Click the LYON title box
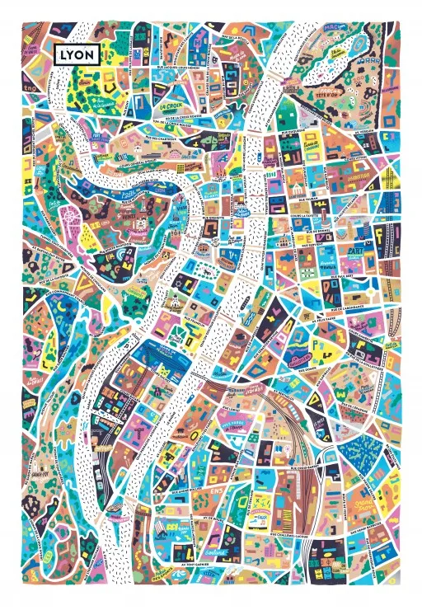click(x=77, y=54)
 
